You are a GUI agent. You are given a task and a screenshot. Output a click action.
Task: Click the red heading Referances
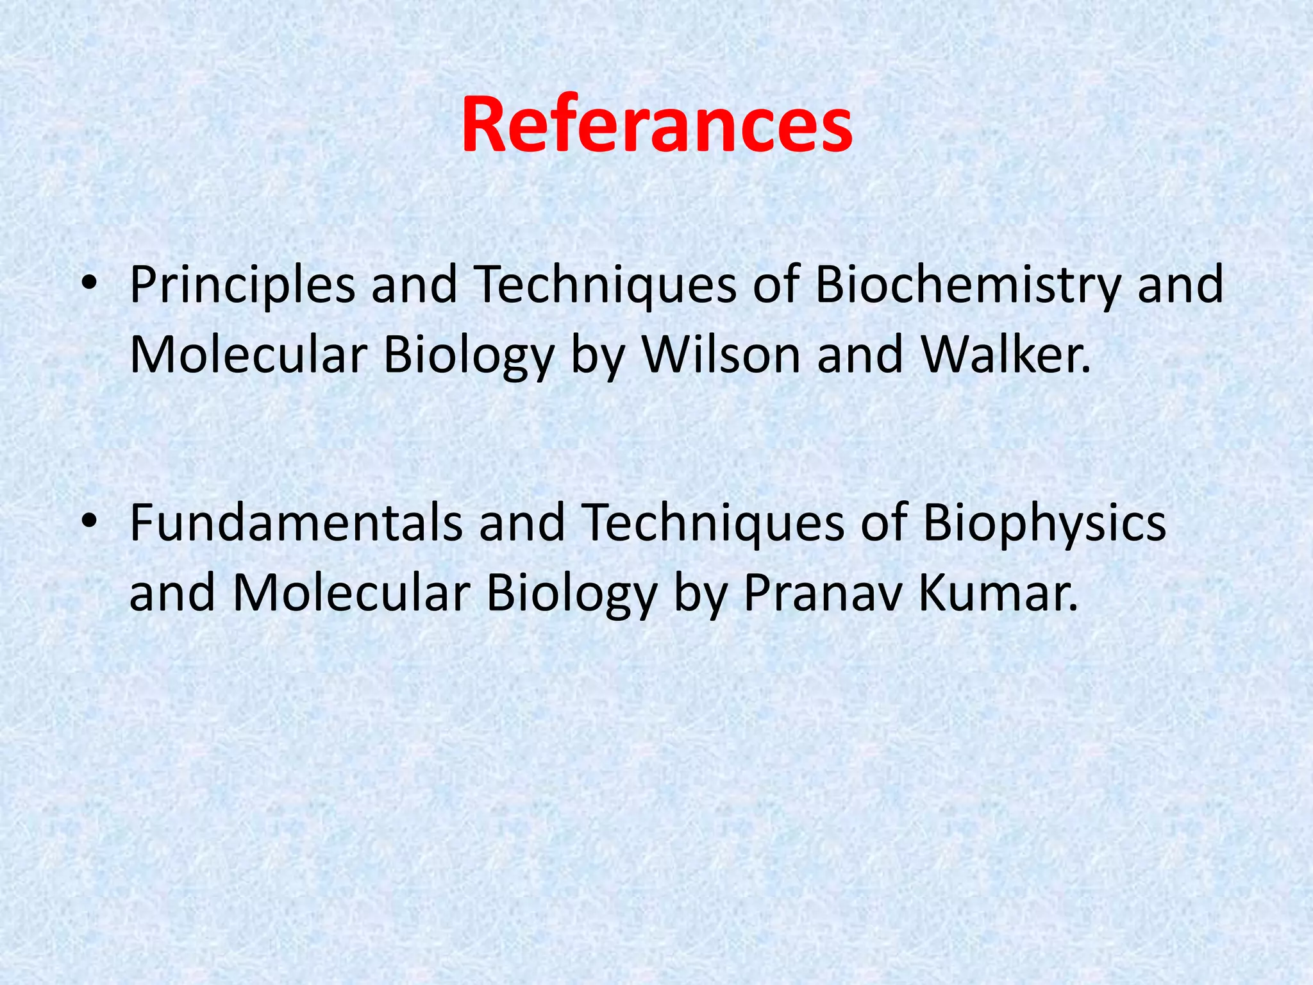[x=656, y=125]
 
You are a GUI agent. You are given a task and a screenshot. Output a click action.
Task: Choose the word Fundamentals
[x=296, y=523]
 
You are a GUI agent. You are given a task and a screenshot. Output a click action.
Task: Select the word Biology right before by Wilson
[x=468, y=356]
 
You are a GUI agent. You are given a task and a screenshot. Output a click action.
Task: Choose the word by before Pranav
[x=699, y=594]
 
